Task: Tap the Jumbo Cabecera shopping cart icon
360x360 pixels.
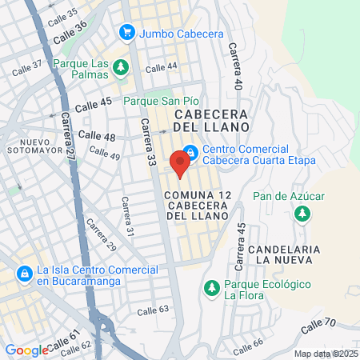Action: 126,32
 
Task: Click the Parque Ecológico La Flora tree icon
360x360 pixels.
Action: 211,286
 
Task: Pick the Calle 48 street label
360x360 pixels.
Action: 98,137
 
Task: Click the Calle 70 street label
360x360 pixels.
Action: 318,326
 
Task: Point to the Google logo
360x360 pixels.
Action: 26,350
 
